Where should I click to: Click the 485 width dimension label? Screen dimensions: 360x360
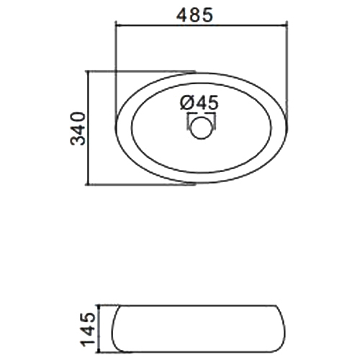pos(194,15)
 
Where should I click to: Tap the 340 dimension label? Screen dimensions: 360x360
pos(78,128)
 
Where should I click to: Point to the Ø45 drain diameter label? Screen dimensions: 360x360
pos(199,103)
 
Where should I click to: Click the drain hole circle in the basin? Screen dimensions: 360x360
pos(202,127)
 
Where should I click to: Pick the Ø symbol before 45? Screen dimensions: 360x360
pos(186,103)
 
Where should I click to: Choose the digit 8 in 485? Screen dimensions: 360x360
pos(194,15)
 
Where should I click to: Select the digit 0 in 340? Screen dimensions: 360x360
pos(78,117)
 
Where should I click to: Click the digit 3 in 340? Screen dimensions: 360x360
pos(78,140)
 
